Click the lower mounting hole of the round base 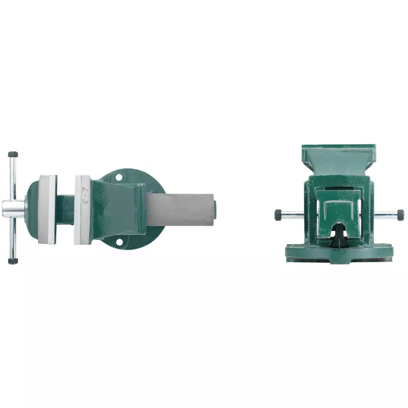(119, 243)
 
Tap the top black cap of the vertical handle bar (13, 154)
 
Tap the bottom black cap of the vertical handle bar (13, 260)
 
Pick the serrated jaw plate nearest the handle (47, 209)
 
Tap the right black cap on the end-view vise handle (400, 213)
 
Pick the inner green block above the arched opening (339, 210)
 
